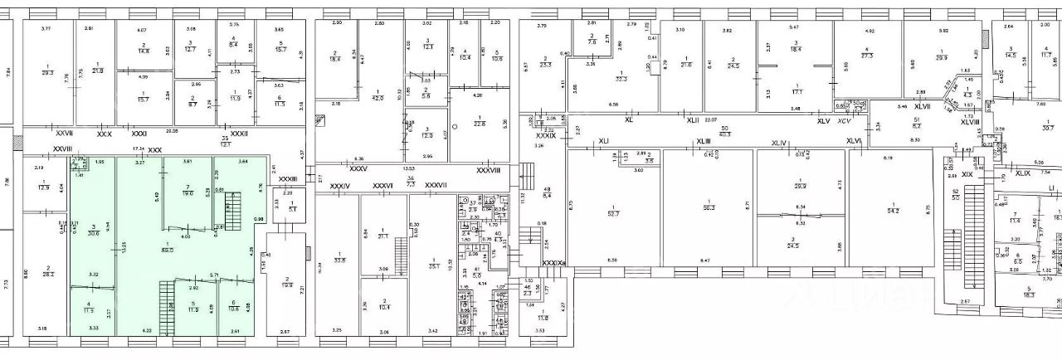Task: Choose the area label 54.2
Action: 891,212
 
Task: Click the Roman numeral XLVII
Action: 923,107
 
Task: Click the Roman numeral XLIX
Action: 1023,173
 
